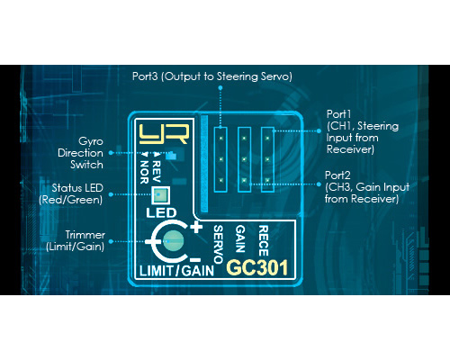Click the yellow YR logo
pos(164,134)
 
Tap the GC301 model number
pos(257,267)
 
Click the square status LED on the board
pos(160,195)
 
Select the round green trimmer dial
pos(173,241)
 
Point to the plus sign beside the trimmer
pos(196,227)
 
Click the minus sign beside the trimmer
pos(195,259)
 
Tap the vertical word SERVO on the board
pos(218,244)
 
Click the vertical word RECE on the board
pos(263,241)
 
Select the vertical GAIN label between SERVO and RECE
pos(240,238)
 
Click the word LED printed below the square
pos(161,213)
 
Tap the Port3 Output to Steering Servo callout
pos(212,76)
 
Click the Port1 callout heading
pos(338,114)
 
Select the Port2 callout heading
pos(337,175)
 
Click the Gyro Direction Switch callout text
pos(80,153)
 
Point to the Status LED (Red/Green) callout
pos(71,193)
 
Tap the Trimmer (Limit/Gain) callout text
pos(76,240)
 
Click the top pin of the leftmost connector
pos(220,139)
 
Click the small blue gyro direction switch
pos(172,155)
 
